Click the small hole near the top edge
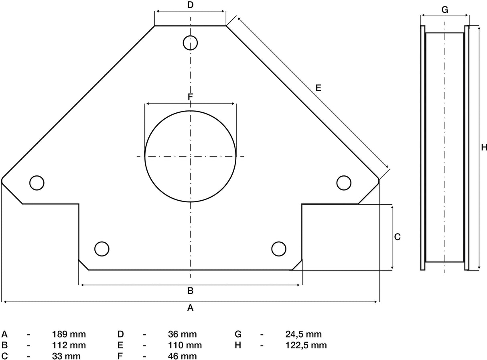tap(190, 42)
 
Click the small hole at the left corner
tap(37, 183)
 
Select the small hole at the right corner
tap(344, 183)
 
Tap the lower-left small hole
tap(101, 249)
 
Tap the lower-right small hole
tap(278, 249)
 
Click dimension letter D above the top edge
tap(191, 5)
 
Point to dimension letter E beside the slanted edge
tap(318, 88)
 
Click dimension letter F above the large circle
tap(191, 97)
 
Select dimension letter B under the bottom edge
tap(191, 291)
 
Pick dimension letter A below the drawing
tap(191, 308)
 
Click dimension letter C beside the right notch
tap(397, 237)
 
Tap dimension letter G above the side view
tap(444, 10)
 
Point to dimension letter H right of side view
tap(484, 147)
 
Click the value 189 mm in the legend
tap(69, 334)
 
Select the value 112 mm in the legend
tap(69, 345)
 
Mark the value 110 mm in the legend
tap(185, 345)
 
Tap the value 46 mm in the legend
tap(183, 356)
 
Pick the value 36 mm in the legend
tap(183, 334)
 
